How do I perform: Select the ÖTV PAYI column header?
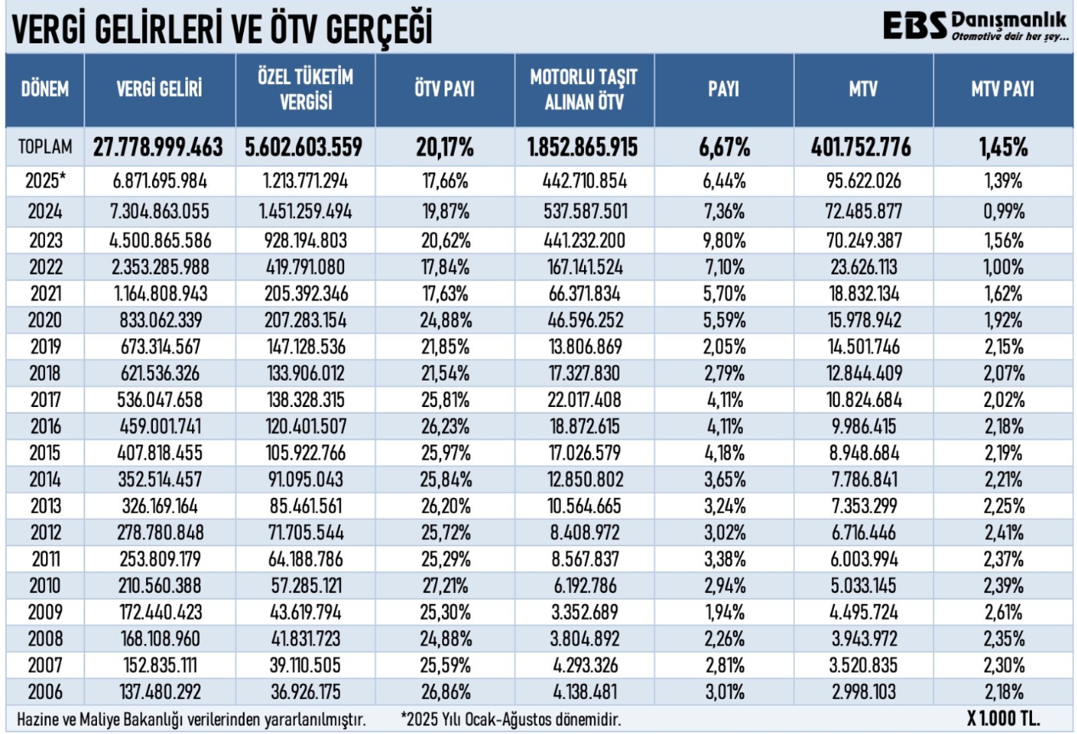click(x=445, y=90)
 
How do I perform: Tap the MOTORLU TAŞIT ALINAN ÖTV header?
click(x=584, y=90)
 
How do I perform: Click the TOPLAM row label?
click(x=44, y=148)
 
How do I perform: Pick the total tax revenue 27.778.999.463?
click(x=158, y=148)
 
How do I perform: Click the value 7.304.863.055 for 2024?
click(x=158, y=211)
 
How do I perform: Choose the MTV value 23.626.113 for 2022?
click(x=864, y=267)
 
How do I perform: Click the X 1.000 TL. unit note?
click(x=1003, y=717)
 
